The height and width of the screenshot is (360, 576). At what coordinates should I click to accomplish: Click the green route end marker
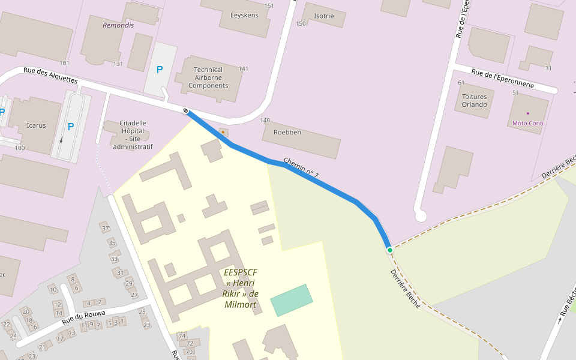pos(389,250)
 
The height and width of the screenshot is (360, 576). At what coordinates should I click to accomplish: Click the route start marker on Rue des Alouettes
pos(186,110)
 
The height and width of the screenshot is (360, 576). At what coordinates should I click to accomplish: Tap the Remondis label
pos(118,25)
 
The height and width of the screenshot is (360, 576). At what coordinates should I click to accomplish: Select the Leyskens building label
pos(244,15)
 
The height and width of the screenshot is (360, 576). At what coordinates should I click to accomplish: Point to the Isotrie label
pos(323,16)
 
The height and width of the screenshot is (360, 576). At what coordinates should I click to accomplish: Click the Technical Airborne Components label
pos(208,77)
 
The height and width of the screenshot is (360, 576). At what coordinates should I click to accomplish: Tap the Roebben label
pos(287,132)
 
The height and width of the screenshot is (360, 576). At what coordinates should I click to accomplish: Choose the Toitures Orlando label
pos(474,100)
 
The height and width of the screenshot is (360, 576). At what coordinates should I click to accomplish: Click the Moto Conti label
pos(527,123)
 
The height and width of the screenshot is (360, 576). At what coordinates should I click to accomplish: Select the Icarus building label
pos(36,125)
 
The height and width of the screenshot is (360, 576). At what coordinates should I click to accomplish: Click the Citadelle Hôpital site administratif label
pos(133,134)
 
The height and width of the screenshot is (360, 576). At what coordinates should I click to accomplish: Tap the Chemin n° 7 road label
pos(301,169)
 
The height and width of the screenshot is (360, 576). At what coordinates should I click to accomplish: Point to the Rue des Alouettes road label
pos(50,74)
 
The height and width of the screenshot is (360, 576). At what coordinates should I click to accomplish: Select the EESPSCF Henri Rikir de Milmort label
pos(240,288)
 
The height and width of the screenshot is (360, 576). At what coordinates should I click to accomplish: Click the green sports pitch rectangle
pos(292,300)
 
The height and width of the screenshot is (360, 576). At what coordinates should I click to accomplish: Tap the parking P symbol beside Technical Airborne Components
pos(160,70)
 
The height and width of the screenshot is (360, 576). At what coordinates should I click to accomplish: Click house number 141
pos(243,68)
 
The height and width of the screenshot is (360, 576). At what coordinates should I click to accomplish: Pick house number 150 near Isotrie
pos(301,23)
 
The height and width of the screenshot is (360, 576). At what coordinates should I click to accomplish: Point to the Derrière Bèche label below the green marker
pos(406,285)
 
